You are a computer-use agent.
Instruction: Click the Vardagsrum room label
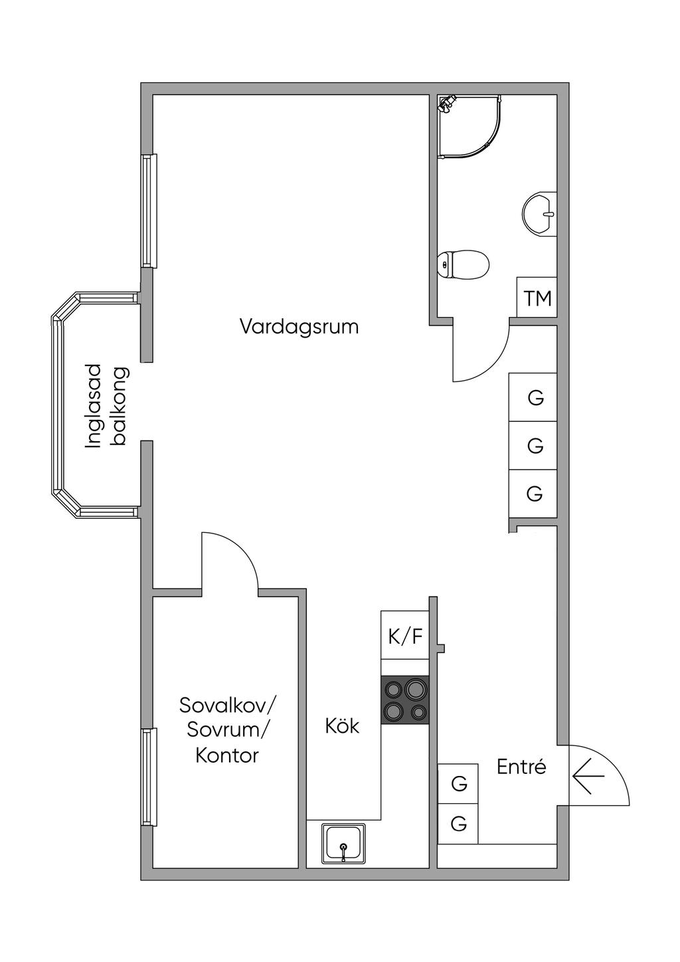299,328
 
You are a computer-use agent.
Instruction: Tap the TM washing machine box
537,297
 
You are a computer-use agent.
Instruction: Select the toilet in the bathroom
464,264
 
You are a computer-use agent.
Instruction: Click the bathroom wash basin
540,213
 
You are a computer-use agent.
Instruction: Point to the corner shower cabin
469,126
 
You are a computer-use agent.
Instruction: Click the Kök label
342,727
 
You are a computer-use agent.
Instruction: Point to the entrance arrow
588,777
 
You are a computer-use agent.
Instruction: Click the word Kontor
227,755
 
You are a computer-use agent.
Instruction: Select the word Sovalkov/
229,705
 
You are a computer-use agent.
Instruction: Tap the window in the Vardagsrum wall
149,211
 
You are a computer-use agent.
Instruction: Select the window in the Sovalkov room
149,777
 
